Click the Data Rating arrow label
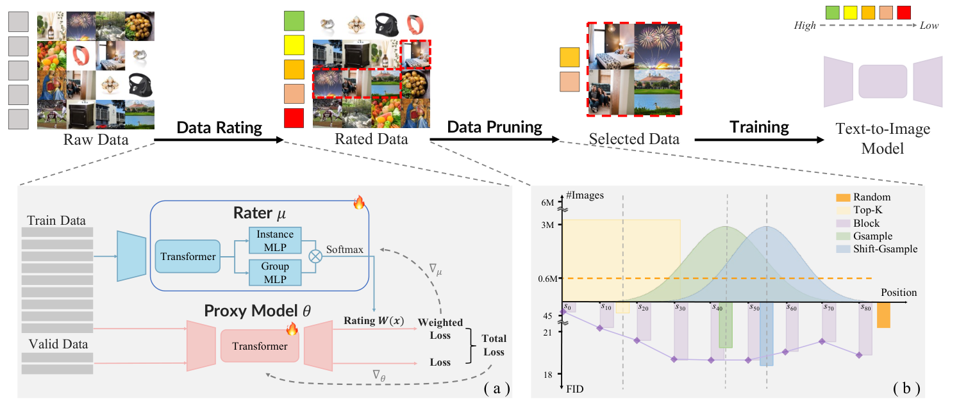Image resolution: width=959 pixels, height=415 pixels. (x=219, y=127)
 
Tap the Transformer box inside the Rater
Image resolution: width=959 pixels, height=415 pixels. (x=187, y=257)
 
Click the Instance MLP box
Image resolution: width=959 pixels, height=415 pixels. (x=274, y=240)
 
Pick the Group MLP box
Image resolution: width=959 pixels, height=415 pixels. (x=274, y=272)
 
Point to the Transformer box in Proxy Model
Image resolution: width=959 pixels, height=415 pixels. (x=260, y=346)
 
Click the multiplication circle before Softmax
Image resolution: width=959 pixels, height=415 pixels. (x=315, y=256)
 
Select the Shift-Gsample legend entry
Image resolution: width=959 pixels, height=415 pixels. (x=884, y=248)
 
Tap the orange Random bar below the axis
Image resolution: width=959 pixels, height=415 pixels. (x=883, y=315)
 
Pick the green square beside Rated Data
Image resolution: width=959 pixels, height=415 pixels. (x=294, y=21)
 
